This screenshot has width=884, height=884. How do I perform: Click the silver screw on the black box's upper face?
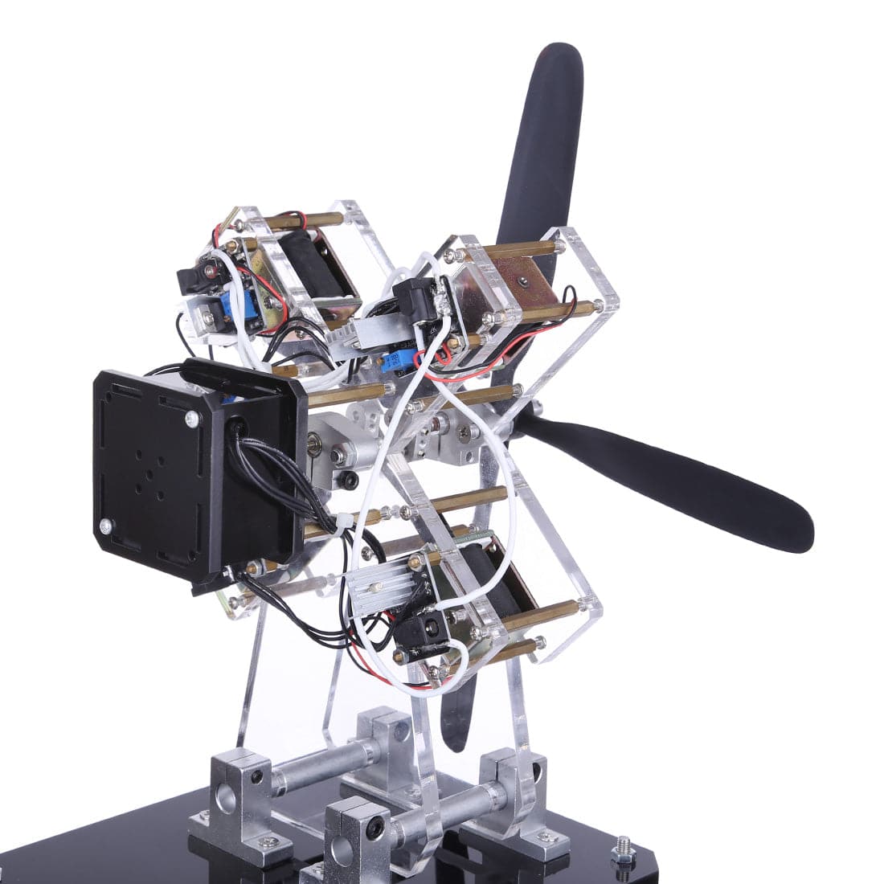coord(191,419)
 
